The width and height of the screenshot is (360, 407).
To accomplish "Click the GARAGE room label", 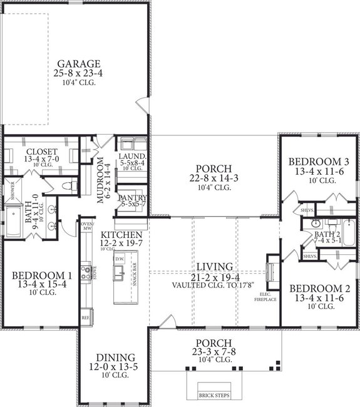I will pos(79,64).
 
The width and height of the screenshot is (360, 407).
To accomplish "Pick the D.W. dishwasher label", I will pos(119,258).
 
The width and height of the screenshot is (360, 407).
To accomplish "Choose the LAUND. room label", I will pos(133,156).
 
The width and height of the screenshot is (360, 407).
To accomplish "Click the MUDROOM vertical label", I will pos(101,180).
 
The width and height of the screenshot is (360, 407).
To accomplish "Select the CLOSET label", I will pos(42,152).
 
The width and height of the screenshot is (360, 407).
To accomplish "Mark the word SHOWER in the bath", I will pos(11,188).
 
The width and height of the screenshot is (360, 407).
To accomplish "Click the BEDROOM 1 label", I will pos(42,275).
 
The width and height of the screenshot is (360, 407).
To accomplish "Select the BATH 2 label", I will pos(326,233).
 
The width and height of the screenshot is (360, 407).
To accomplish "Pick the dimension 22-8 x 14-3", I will pos(214,178).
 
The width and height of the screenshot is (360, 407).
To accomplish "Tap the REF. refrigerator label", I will pos(86,318).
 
